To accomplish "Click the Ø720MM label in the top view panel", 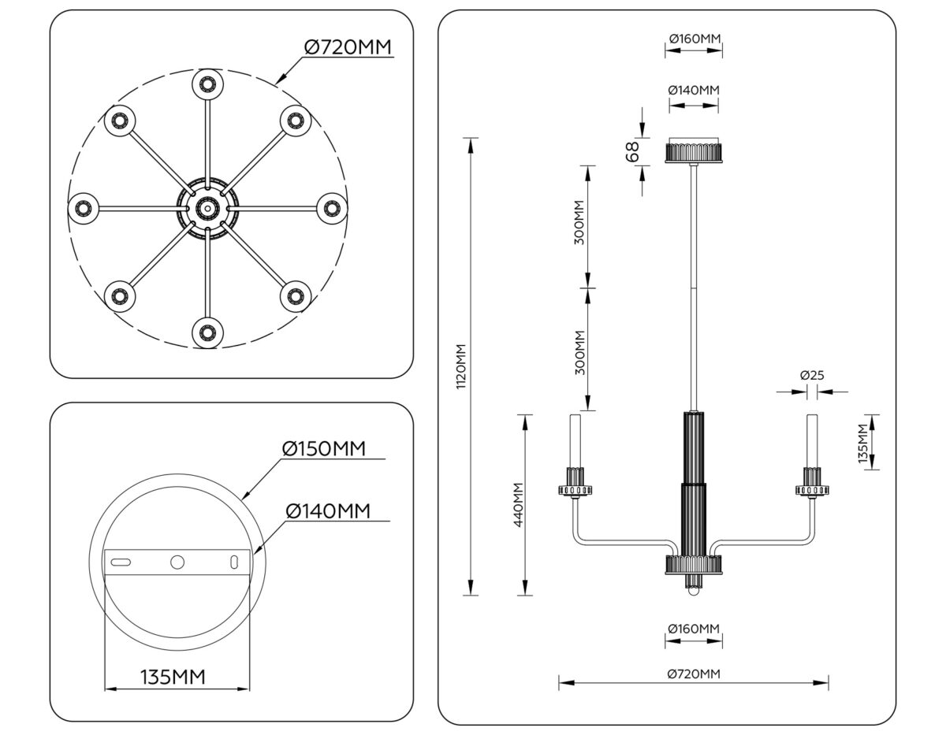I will coord(348,47).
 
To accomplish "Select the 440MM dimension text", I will coord(519,504).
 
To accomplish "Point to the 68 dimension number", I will coord(631,151).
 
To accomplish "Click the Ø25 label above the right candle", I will coord(811,376).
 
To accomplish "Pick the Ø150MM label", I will coord(324,449).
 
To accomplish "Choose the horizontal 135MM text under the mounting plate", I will coord(173,676).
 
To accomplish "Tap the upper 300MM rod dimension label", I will coord(579,225).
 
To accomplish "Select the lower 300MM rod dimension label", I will coord(579,352).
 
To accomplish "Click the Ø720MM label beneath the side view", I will coord(693,674).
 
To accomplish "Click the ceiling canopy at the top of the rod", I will coord(694,150).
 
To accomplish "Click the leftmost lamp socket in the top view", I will coord(82,209).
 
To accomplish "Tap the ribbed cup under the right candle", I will coord(812,481).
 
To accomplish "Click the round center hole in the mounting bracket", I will coord(177,562).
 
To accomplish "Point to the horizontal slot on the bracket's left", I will coord(121,562).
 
